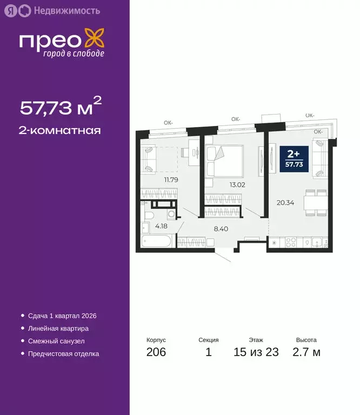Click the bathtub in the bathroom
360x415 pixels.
156,241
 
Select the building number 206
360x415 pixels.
156,353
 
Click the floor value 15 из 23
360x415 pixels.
256,353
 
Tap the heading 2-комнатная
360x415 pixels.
61,130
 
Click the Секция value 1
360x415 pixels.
209,353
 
